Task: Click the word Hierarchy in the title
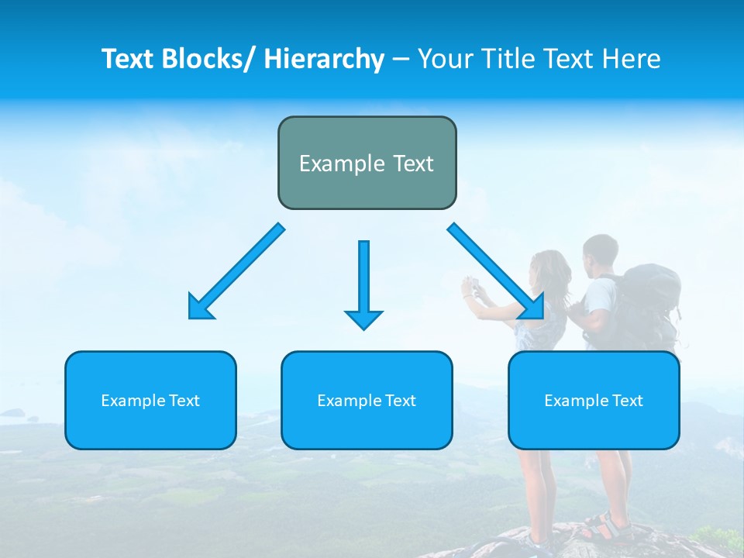coord(324,59)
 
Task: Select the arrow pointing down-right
coord(496,271)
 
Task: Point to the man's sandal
coord(604,527)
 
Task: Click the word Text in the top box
coord(411,164)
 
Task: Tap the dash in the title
coord(400,59)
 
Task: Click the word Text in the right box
coord(627,401)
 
